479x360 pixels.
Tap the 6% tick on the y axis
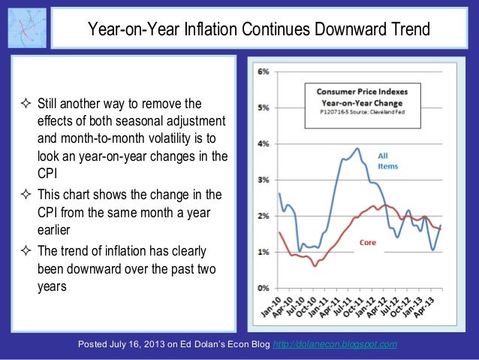click(x=264, y=71)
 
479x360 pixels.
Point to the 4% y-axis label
click(x=264, y=144)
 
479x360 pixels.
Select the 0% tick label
click(x=264, y=288)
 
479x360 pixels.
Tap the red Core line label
click(x=368, y=243)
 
